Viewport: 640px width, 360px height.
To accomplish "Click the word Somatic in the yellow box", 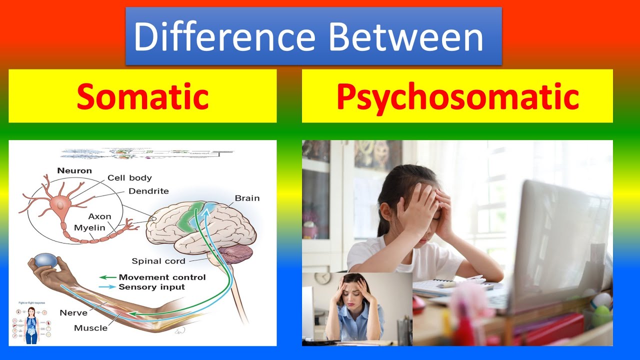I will coord(142,96).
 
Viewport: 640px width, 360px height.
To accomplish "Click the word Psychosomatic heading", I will coord(457,96).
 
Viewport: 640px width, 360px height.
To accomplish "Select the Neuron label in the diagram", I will coord(74,171).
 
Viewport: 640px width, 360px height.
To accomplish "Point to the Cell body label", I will coord(129,178).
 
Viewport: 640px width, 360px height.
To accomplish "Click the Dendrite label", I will coord(148,191).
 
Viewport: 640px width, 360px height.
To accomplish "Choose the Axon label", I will coord(99,216).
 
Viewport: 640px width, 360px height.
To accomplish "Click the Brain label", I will coord(247,198).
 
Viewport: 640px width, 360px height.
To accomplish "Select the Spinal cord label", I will coord(158,261).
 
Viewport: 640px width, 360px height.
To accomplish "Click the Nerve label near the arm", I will coord(73,313).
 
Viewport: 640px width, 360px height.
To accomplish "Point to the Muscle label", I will coord(90,328).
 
